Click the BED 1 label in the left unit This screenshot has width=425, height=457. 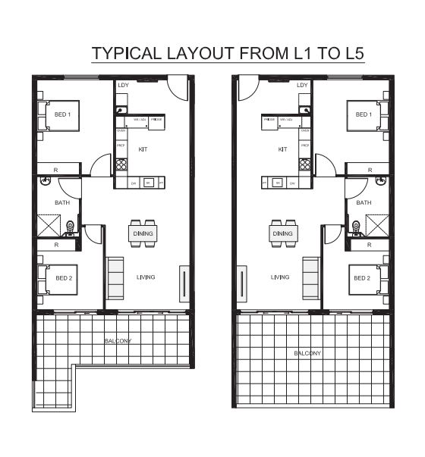(x=62, y=115)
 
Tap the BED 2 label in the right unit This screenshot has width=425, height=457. (x=362, y=277)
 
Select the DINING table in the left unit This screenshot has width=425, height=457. (x=143, y=233)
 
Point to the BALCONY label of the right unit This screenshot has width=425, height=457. (x=307, y=353)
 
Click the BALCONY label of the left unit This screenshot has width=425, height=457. (x=118, y=341)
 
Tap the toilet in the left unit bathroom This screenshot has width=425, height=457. (x=71, y=225)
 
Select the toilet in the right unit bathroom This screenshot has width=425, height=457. (x=355, y=225)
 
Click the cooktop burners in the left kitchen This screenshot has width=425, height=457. (x=121, y=164)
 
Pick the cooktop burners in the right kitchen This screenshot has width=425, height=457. (x=304, y=164)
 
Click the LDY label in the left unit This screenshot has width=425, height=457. (x=123, y=85)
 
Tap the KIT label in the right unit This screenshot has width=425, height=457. (x=282, y=149)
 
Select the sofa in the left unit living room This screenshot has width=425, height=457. (x=115, y=277)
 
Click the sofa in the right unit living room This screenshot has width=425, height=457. (x=310, y=277)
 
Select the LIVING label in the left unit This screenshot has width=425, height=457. (x=146, y=277)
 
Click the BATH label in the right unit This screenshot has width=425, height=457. (x=364, y=202)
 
